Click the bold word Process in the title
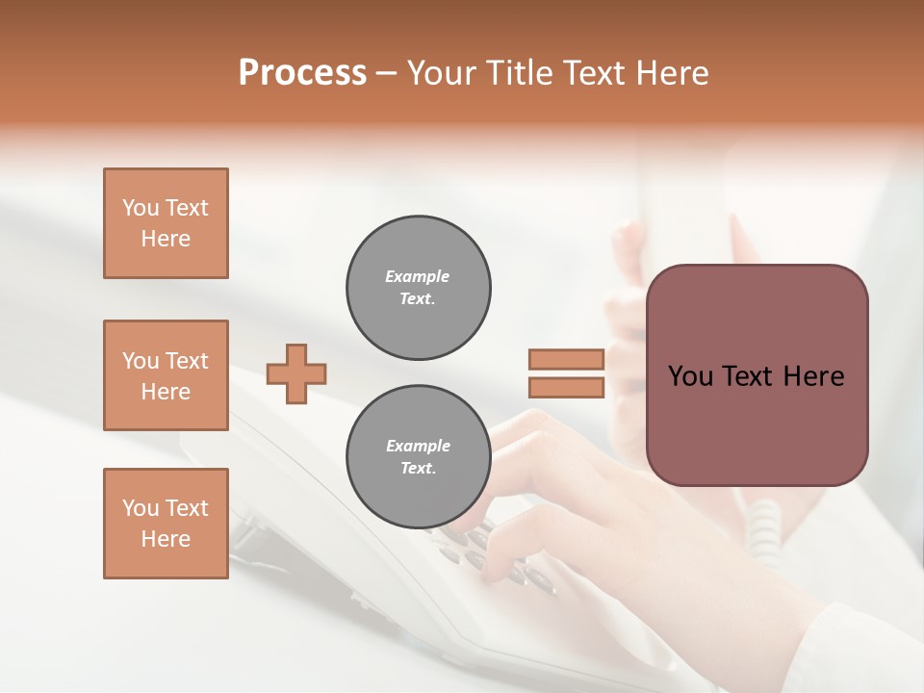coord(302,73)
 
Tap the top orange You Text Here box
coord(166,223)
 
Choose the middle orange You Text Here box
coord(166,375)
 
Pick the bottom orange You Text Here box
coord(166,524)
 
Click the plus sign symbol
coord(296,373)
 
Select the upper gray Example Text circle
coord(418,288)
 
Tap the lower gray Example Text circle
coord(418,457)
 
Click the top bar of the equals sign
coord(566,359)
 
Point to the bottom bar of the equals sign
coord(566,388)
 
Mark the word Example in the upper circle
coord(418,276)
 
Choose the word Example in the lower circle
coord(418,446)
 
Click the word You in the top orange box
coord(141,208)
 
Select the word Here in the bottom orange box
coord(166,539)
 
